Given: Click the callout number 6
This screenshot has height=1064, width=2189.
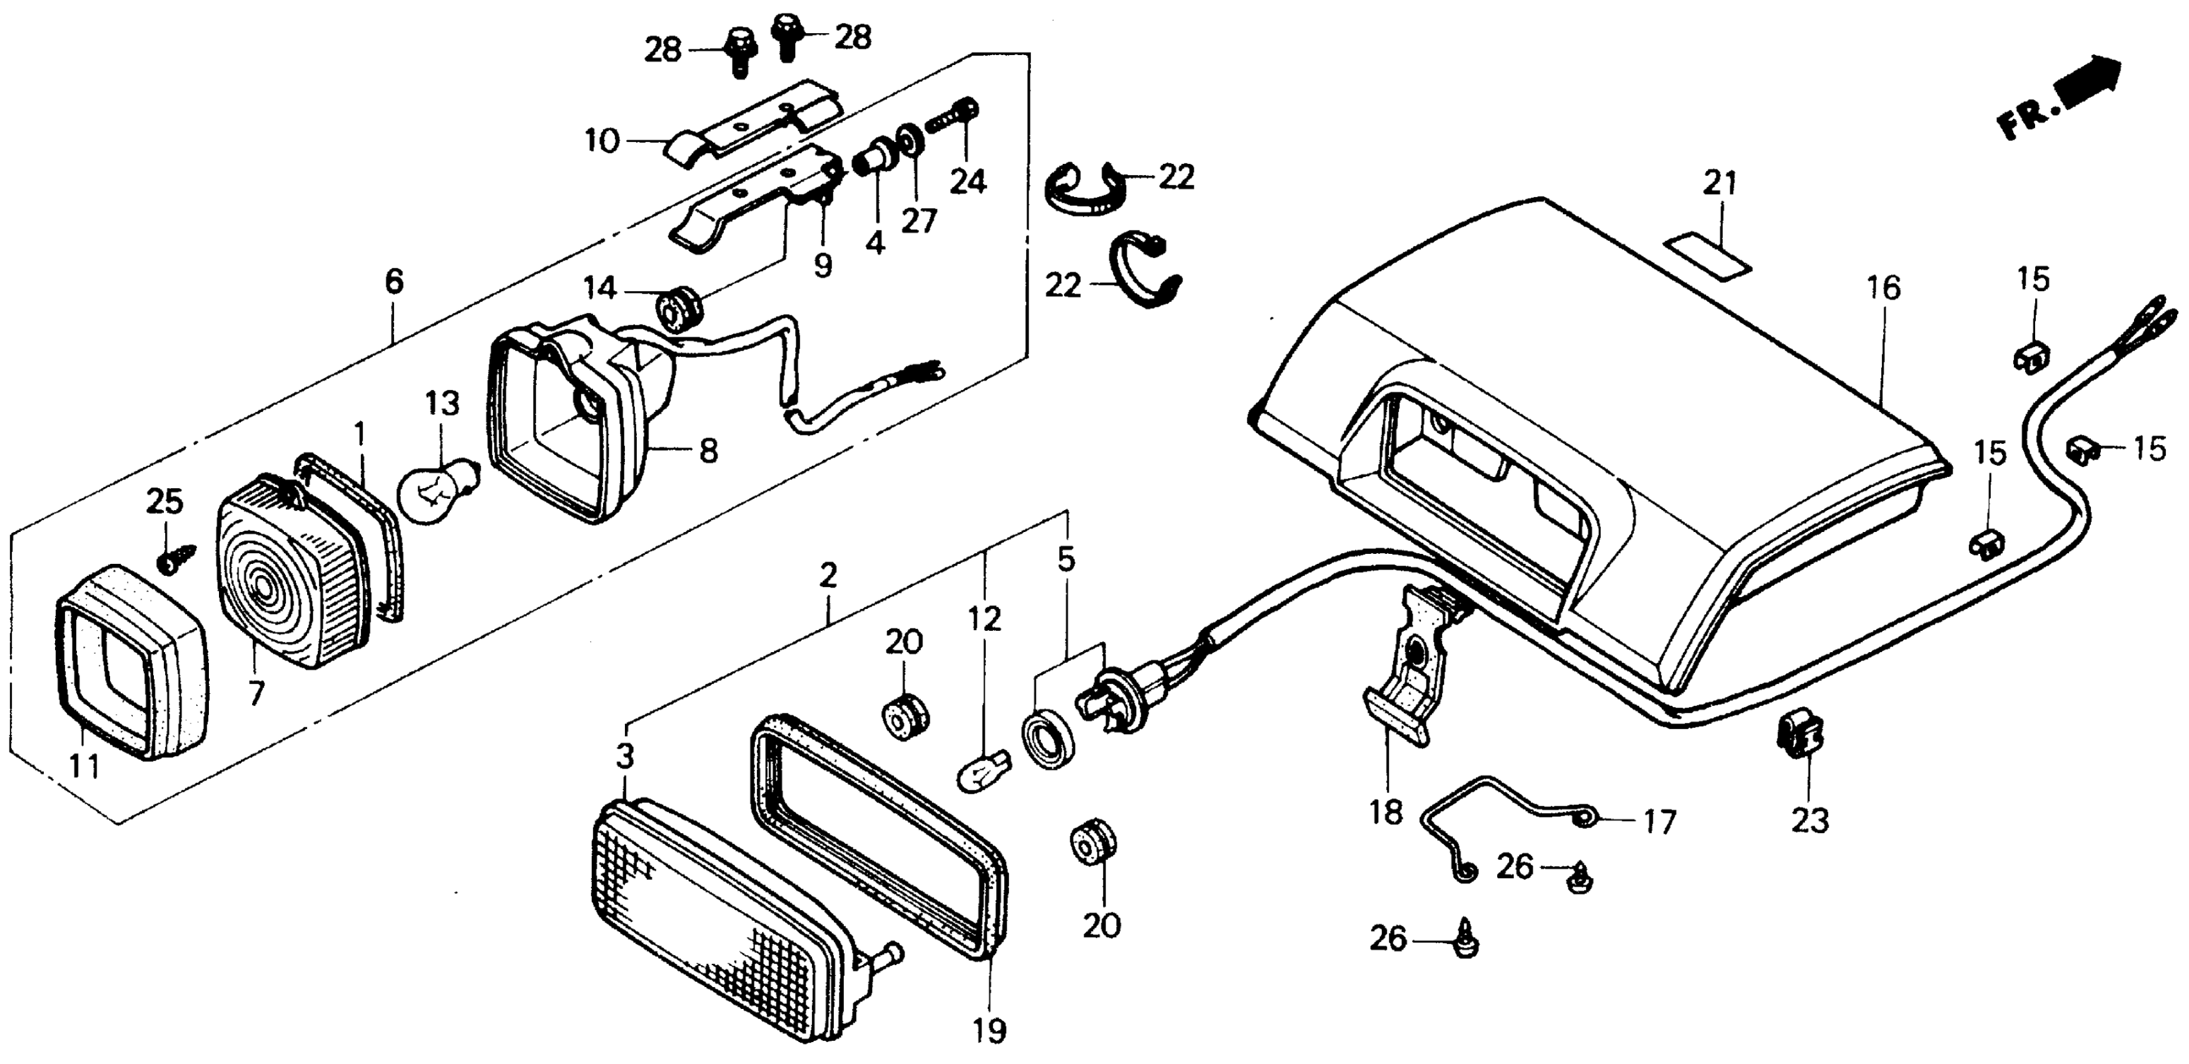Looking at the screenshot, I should tap(394, 281).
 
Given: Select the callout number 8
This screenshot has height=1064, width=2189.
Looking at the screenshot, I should tap(709, 451).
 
